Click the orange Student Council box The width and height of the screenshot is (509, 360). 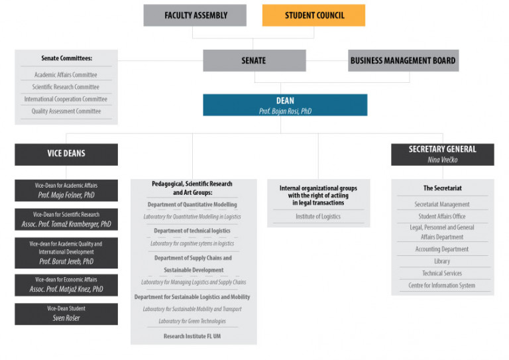[x=313, y=15]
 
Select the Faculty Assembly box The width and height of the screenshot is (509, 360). [x=195, y=15]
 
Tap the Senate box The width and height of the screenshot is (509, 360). [x=254, y=60]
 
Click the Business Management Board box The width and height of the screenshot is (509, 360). [x=403, y=60]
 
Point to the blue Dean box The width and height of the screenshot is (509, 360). [x=285, y=105]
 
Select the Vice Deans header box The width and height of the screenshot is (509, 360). [x=66, y=154]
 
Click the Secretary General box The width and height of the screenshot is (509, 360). [x=443, y=154]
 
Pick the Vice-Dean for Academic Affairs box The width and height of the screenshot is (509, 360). [x=66, y=190]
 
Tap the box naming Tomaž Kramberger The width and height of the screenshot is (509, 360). [x=66, y=219]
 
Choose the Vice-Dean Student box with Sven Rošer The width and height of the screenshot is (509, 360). [x=66, y=314]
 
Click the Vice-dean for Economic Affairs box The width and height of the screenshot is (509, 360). [x=66, y=285]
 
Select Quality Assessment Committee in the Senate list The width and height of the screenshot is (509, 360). [x=66, y=111]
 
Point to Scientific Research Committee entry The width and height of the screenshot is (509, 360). [x=66, y=87]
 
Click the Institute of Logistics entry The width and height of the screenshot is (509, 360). [x=318, y=216]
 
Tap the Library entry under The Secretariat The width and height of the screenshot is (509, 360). [x=442, y=261]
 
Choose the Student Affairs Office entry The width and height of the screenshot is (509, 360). [x=442, y=216]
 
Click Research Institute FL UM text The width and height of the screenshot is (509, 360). [x=192, y=336]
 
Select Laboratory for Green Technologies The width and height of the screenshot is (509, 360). [x=192, y=321]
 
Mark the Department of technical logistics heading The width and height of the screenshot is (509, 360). [x=192, y=231]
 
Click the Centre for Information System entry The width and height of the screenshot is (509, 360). [x=442, y=285]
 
